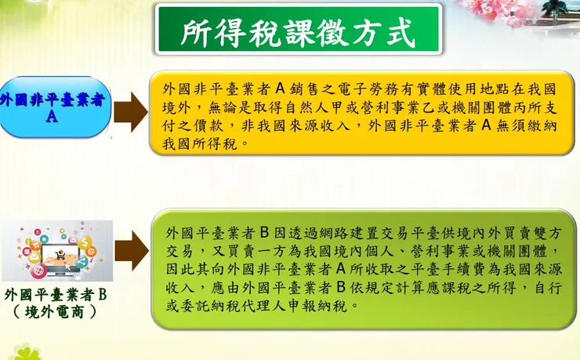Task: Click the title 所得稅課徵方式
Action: point(297,34)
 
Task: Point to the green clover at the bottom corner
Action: point(24,351)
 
